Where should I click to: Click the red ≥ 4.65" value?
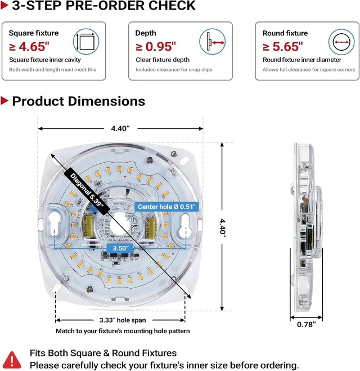pos(29,46)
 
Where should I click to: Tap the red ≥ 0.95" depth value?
pos(156,46)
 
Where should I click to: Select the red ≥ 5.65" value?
pos(283,46)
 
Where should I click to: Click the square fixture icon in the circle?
pos(86,42)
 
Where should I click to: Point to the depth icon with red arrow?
pos(213,42)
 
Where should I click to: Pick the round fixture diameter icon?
pos(341,42)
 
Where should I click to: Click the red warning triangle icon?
pos(12,360)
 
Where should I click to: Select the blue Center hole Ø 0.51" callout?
pos(166,207)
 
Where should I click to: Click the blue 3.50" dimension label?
pos(120,248)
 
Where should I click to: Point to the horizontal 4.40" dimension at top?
pos(120,128)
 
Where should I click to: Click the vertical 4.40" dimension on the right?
pos(222,226)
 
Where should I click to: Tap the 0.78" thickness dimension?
pos(307,324)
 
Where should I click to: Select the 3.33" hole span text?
pos(123,320)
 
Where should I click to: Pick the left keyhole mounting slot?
pos(55,225)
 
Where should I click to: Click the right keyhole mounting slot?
pos(185,225)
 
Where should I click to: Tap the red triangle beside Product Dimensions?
pos(4,101)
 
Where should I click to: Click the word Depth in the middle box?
pos(146,33)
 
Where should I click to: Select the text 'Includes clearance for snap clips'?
pos(174,70)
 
